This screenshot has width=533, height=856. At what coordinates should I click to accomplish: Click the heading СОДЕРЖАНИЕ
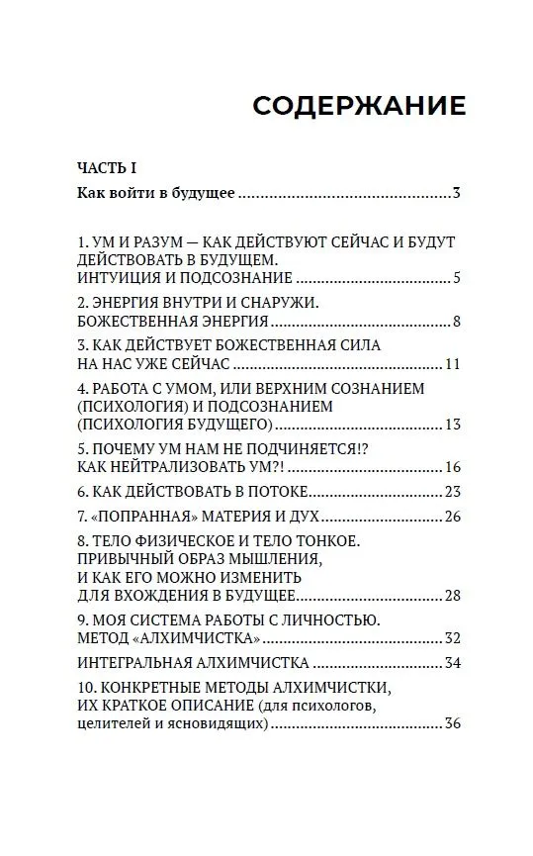point(358,106)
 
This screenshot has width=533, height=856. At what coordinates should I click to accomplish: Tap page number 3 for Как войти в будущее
point(457,193)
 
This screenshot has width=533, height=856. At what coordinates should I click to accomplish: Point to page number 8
point(457,322)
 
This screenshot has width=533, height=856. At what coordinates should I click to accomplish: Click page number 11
point(453,364)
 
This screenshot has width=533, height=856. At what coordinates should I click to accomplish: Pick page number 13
point(453,425)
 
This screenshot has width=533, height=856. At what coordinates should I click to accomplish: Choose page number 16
point(453,467)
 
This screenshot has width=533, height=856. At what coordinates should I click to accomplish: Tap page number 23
point(453,492)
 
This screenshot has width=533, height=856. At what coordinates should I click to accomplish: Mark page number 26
point(453,517)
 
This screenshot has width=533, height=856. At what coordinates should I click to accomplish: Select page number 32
point(453,637)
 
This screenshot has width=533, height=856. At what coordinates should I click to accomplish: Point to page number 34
point(453,662)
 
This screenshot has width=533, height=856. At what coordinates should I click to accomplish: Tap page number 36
point(453,723)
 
